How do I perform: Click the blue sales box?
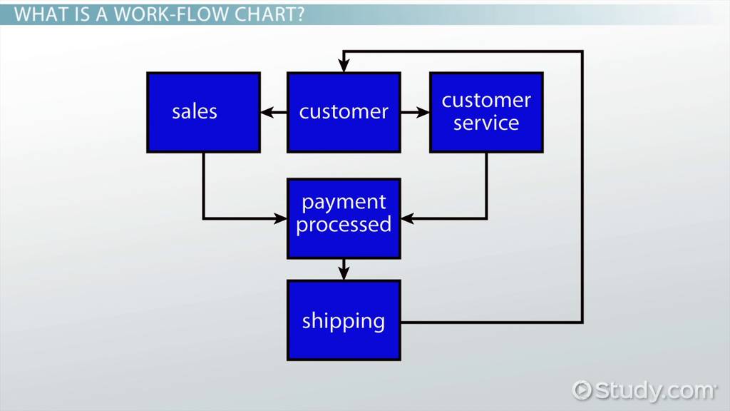203,112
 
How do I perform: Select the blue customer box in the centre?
344,112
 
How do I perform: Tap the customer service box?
486,112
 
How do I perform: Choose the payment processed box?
344,218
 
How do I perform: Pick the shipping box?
344,320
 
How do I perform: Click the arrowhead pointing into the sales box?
266,112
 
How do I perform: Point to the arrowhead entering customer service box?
423,112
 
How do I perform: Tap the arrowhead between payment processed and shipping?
344,273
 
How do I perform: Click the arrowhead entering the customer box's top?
344,66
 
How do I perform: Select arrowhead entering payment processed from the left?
281,218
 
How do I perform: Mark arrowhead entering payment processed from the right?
406,218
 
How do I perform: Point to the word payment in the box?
344,203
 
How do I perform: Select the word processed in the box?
344,225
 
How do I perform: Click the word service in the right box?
486,123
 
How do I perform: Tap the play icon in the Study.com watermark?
582,390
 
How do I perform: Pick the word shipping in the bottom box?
344,321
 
